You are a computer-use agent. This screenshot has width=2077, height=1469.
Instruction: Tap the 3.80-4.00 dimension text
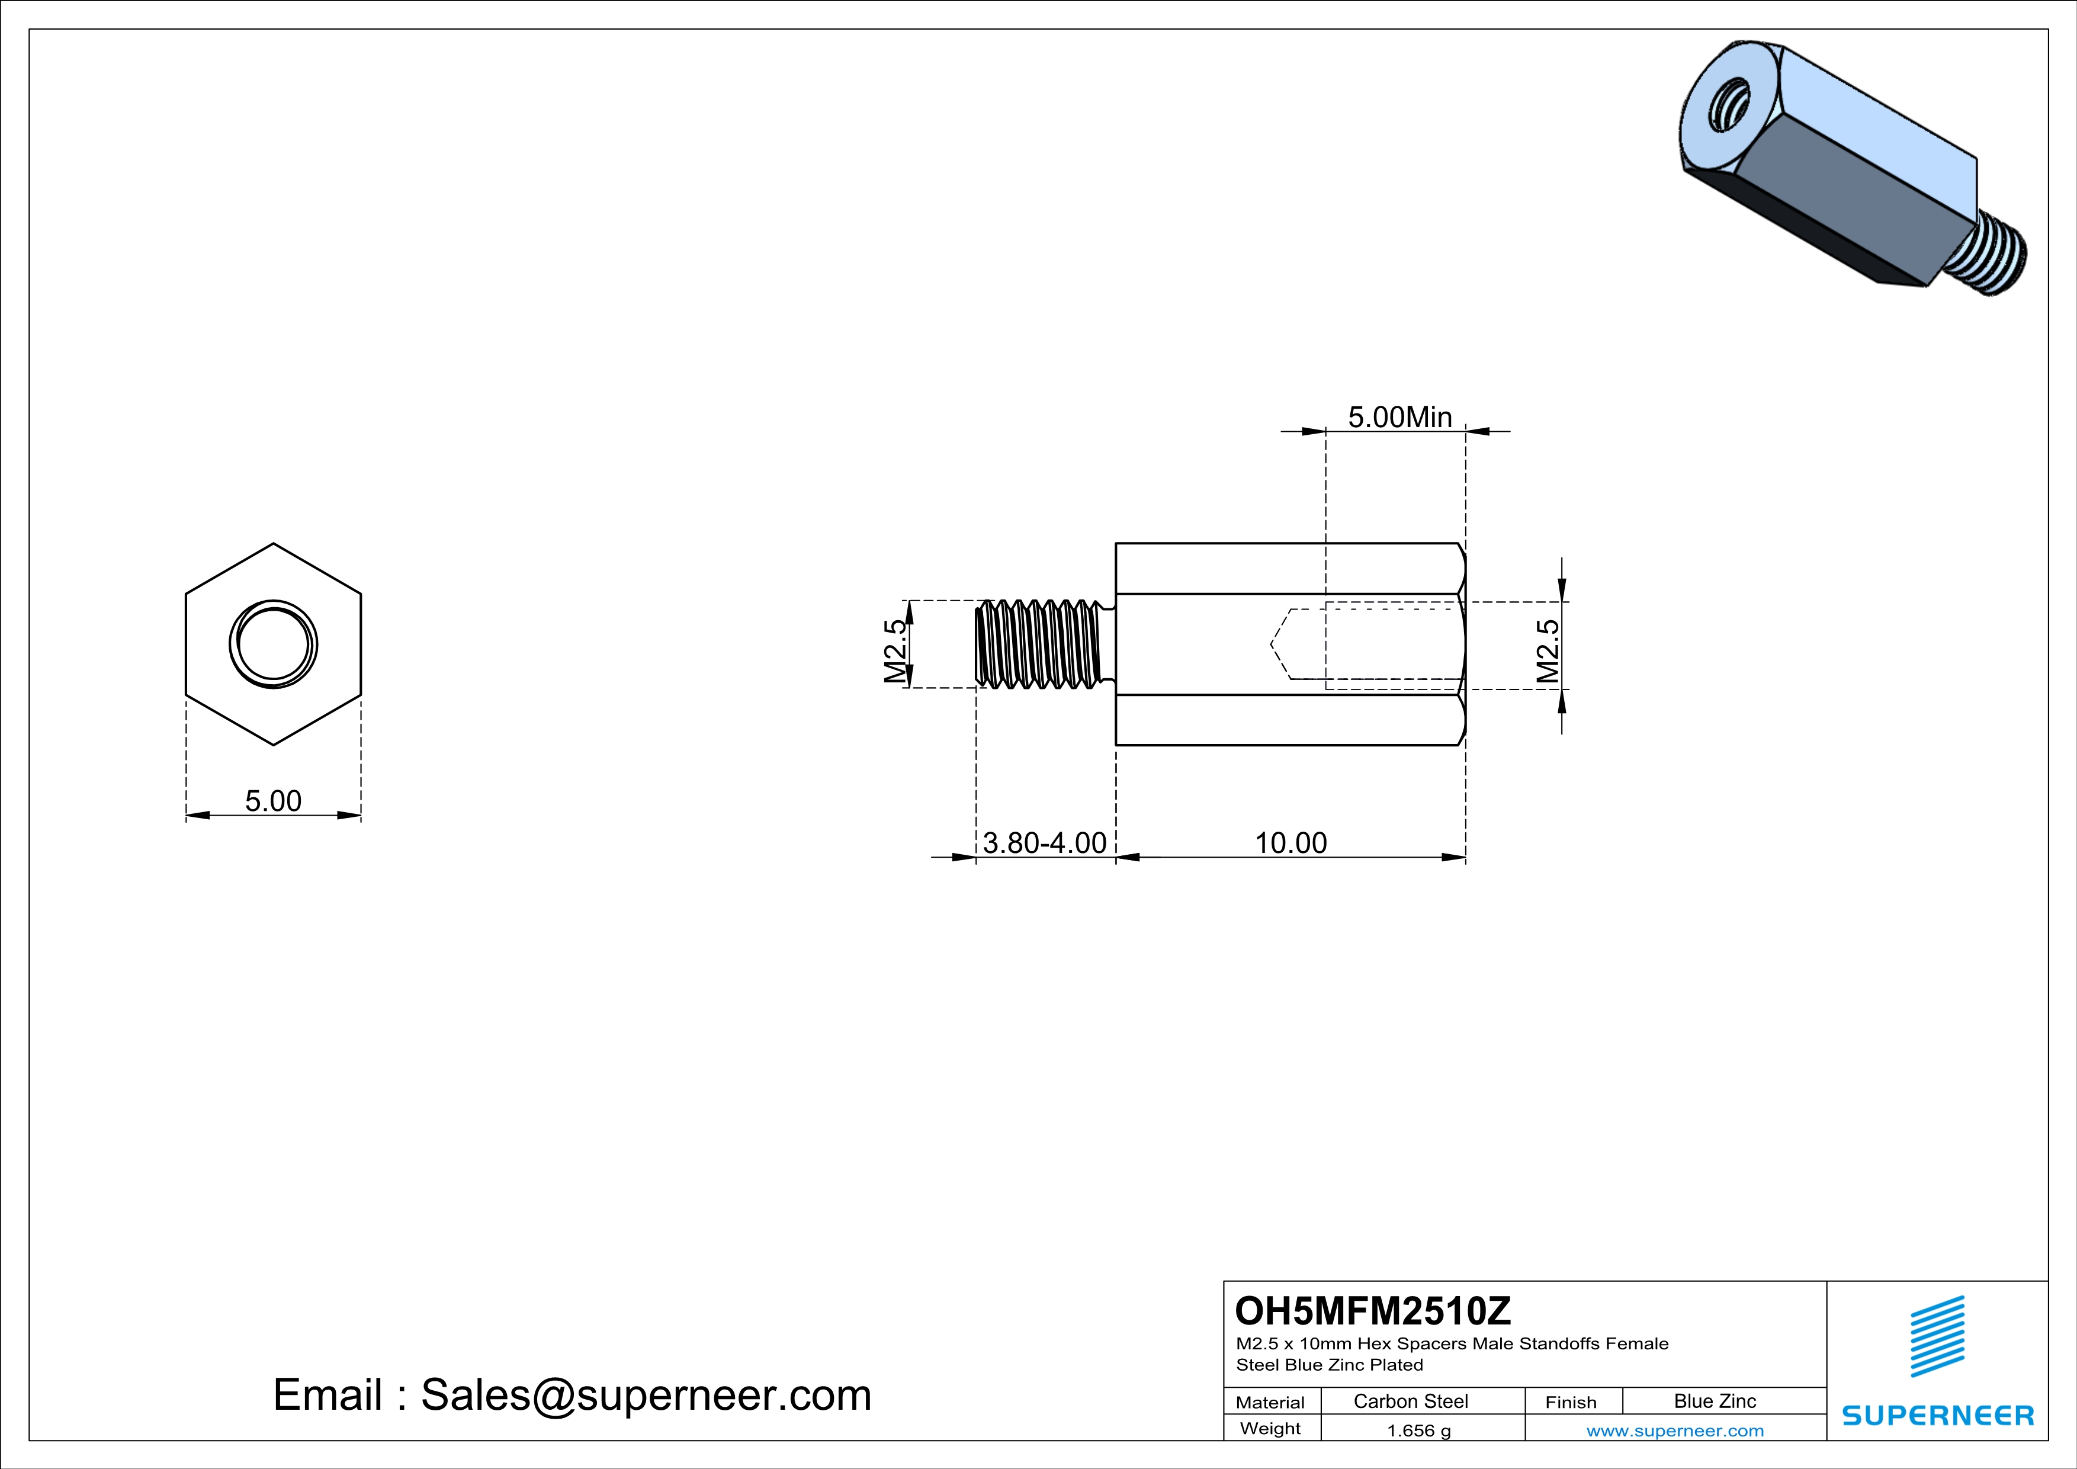pos(1045,842)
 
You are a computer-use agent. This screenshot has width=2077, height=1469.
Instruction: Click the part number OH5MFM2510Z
pos(1372,1311)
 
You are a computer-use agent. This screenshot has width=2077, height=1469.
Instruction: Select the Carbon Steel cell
pos(1410,1401)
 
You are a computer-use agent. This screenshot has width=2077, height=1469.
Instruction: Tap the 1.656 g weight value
pos(1418,1430)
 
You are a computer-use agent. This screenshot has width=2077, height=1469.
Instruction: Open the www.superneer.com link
pos(1674,1430)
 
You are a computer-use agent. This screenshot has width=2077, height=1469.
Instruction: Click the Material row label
pos(1270,1402)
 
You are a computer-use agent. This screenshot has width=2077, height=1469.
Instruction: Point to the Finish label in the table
pos(1571,1402)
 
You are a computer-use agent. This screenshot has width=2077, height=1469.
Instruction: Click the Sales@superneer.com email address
pos(646,1395)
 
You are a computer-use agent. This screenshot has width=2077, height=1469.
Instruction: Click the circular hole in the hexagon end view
pos(273,644)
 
